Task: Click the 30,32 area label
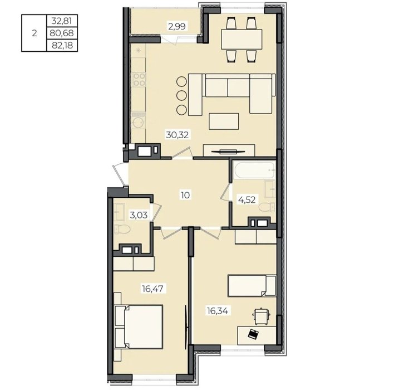[x=177, y=135]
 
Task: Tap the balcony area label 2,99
[x=177, y=26]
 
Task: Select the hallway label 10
[x=185, y=195]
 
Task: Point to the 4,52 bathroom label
[x=247, y=200]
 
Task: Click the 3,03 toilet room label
[x=139, y=215]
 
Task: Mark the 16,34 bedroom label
[x=218, y=311]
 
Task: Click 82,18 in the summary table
[x=62, y=45]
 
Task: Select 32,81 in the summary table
[x=62, y=21]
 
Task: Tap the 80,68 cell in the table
[x=62, y=33]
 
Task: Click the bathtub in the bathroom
[x=254, y=170]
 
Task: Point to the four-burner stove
[x=139, y=79]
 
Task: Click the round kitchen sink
[x=139, y=123]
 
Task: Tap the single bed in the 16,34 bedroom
[x=252, y=286]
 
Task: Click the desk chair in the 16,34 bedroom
[x=262, y=317]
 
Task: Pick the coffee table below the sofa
[x=224, y=121]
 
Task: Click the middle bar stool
[x=181, y=95]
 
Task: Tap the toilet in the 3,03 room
[x=122, y=229]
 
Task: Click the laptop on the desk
[x=253, y=334]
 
